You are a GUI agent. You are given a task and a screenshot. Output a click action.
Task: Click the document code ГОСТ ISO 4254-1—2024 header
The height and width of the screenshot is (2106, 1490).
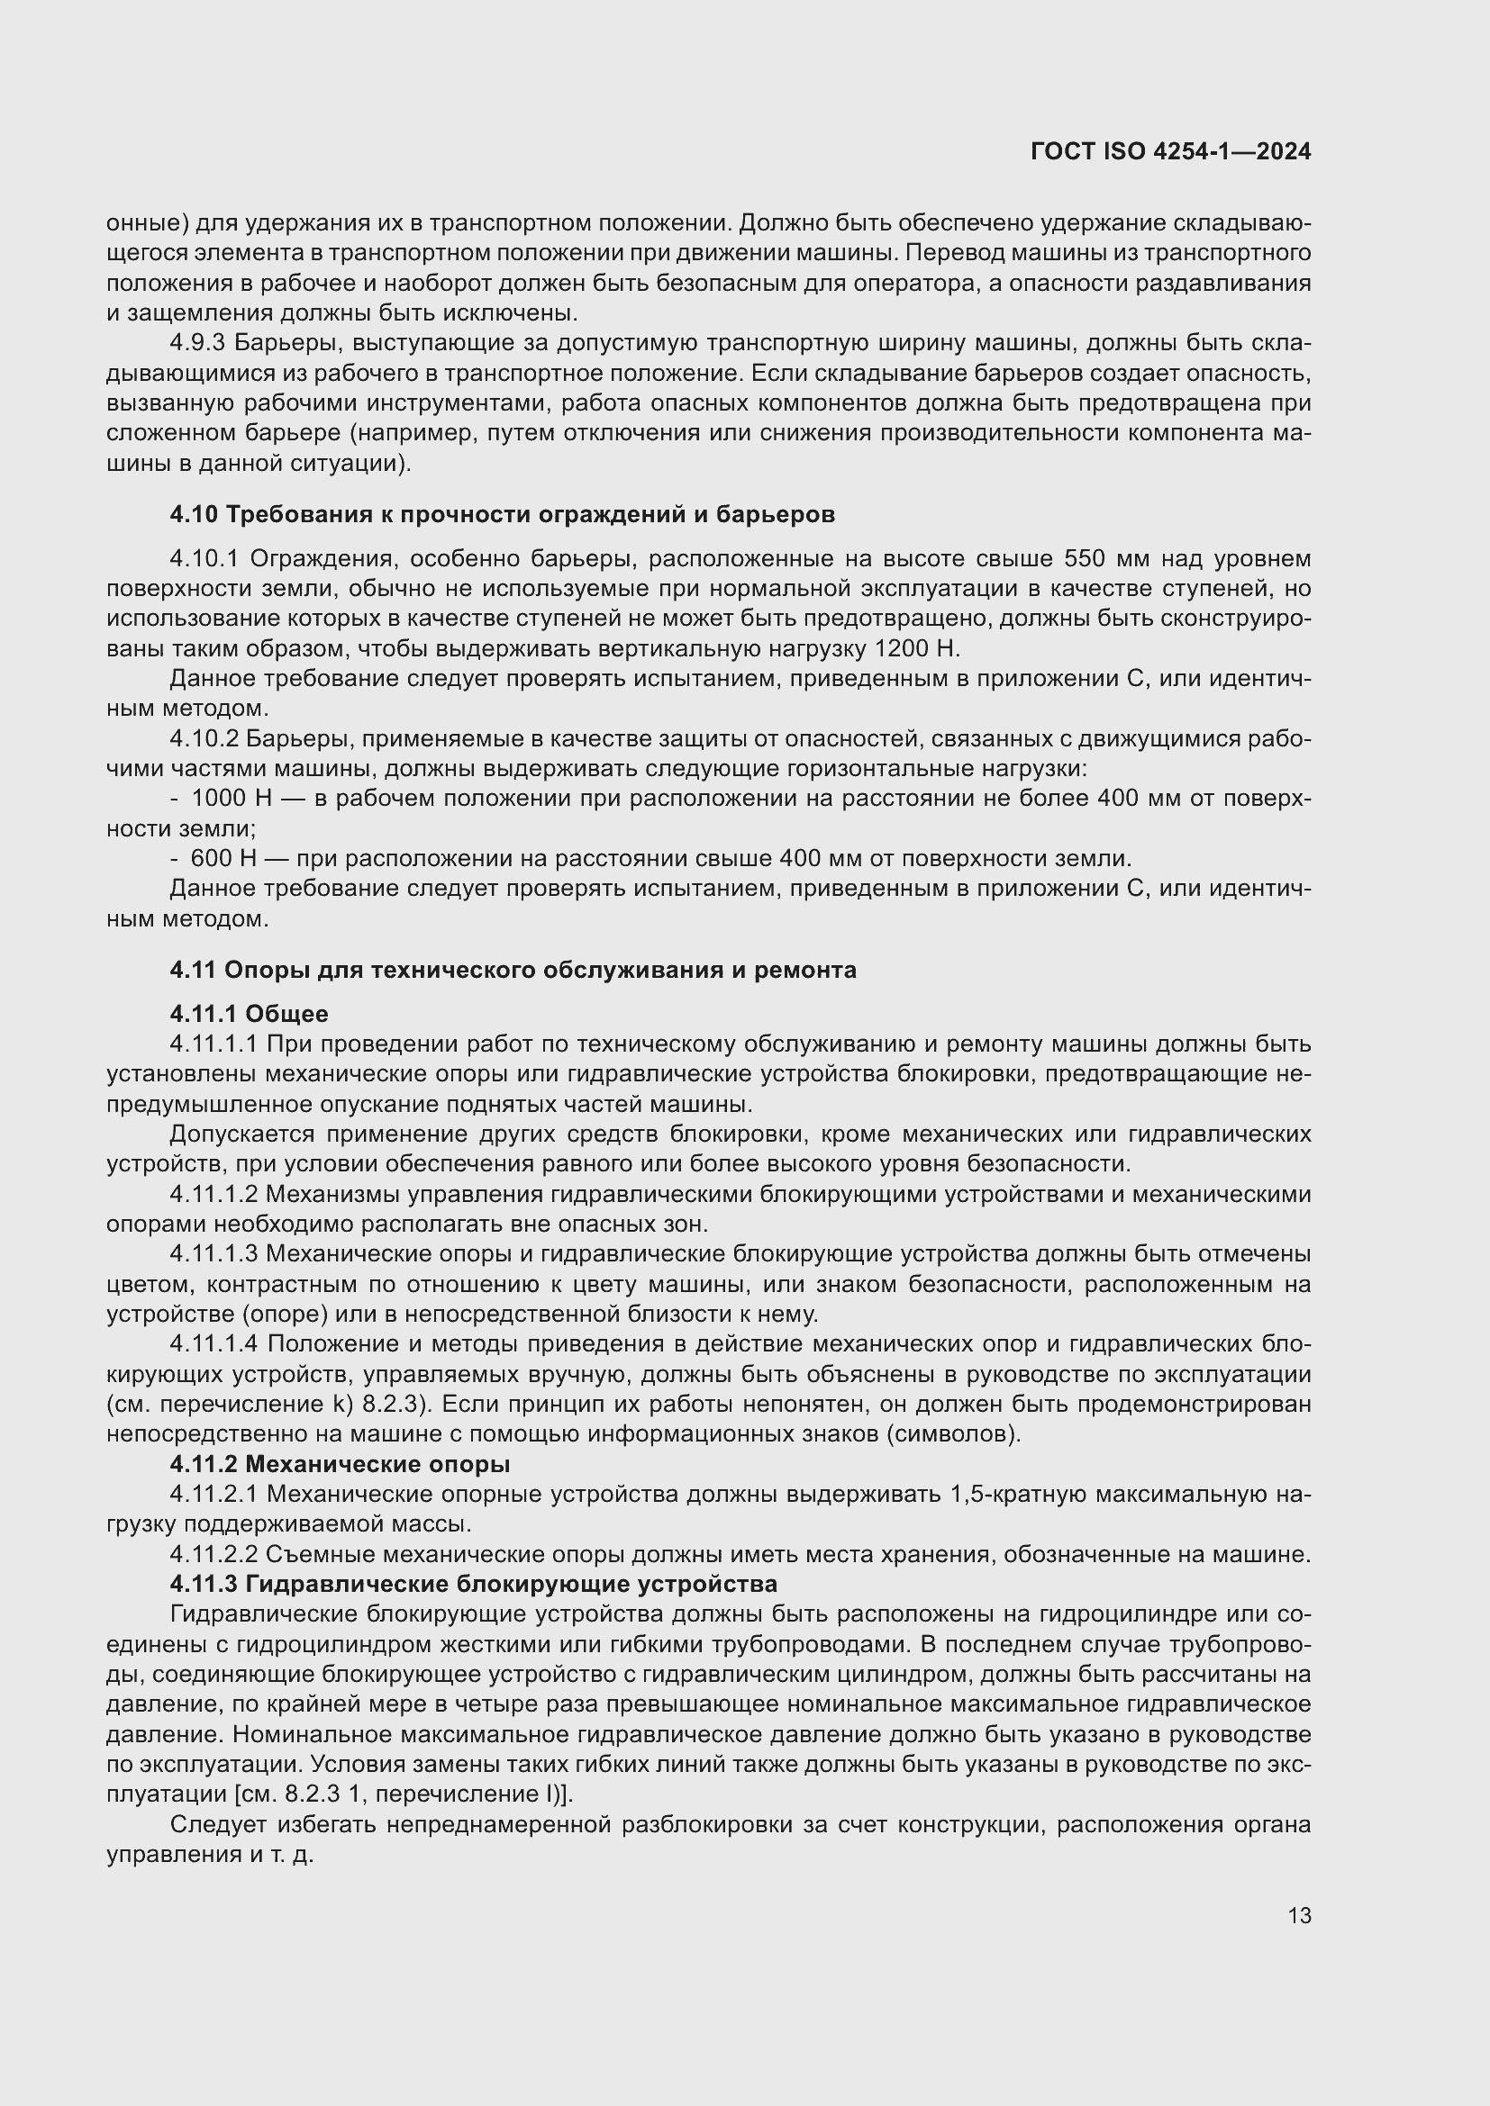pyautogui.click(x=1171, y=151)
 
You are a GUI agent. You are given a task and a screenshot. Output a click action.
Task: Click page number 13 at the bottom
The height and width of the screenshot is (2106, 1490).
pyautogui.click(x=1299, y=1916)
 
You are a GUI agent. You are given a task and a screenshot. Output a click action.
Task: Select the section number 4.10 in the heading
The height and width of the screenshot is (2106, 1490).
pyautogui.click(x=193, y=515)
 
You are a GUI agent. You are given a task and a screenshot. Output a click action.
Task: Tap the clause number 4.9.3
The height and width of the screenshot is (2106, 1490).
pyautogui.click(x=198, y=343)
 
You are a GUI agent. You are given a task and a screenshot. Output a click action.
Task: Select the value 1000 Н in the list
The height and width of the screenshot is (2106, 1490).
pyautogui.click(x=232, y=798)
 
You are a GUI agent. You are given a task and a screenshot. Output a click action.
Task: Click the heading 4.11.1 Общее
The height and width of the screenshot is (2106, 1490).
pyautogui.click(x=249, y=1014)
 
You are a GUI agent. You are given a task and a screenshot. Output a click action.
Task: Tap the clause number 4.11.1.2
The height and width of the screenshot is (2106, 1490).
pyautogui.click(x=214, y=1194)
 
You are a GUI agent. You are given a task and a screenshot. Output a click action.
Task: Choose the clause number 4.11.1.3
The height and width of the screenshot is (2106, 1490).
pyautogui.click(x=214, y=1254)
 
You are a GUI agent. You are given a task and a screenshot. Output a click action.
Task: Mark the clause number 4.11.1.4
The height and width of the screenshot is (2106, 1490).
pyautogui.click(x=214, y=1343)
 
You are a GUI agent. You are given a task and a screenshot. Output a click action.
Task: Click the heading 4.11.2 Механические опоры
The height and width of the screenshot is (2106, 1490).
pyautogui.click(x=340, y=1464)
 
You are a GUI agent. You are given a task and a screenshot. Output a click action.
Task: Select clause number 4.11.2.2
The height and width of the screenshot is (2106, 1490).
pyautogui.click(x=214, y=1554)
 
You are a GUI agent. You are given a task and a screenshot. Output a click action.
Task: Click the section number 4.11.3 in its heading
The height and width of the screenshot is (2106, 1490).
pyautogui.click(x=204, y=1584)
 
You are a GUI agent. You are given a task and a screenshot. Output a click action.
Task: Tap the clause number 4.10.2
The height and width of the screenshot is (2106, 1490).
pyautogui.click(x=204, y=738)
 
